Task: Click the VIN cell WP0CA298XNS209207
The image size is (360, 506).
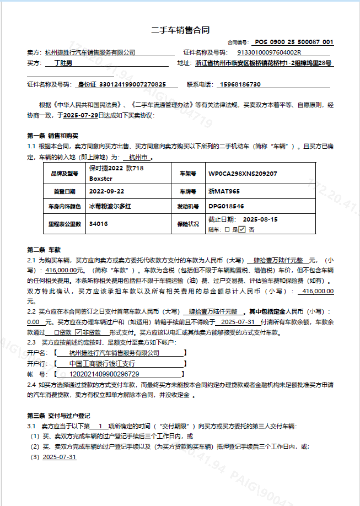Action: [x=243, y=174]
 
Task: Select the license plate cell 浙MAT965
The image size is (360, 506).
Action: [x=224, y=191]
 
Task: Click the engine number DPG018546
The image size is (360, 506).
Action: [x=226, y=206]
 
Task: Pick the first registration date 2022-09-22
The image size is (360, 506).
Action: [x=108, y=191]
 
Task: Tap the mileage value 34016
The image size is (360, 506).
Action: [x=98, y=224]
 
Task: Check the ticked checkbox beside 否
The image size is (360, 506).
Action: [x=241, y=229]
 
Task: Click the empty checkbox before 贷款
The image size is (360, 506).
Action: [x=56, y=332]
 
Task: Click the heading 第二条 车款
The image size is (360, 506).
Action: [x=44, y=249]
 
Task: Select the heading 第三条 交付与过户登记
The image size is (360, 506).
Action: [x=58, y=415]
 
